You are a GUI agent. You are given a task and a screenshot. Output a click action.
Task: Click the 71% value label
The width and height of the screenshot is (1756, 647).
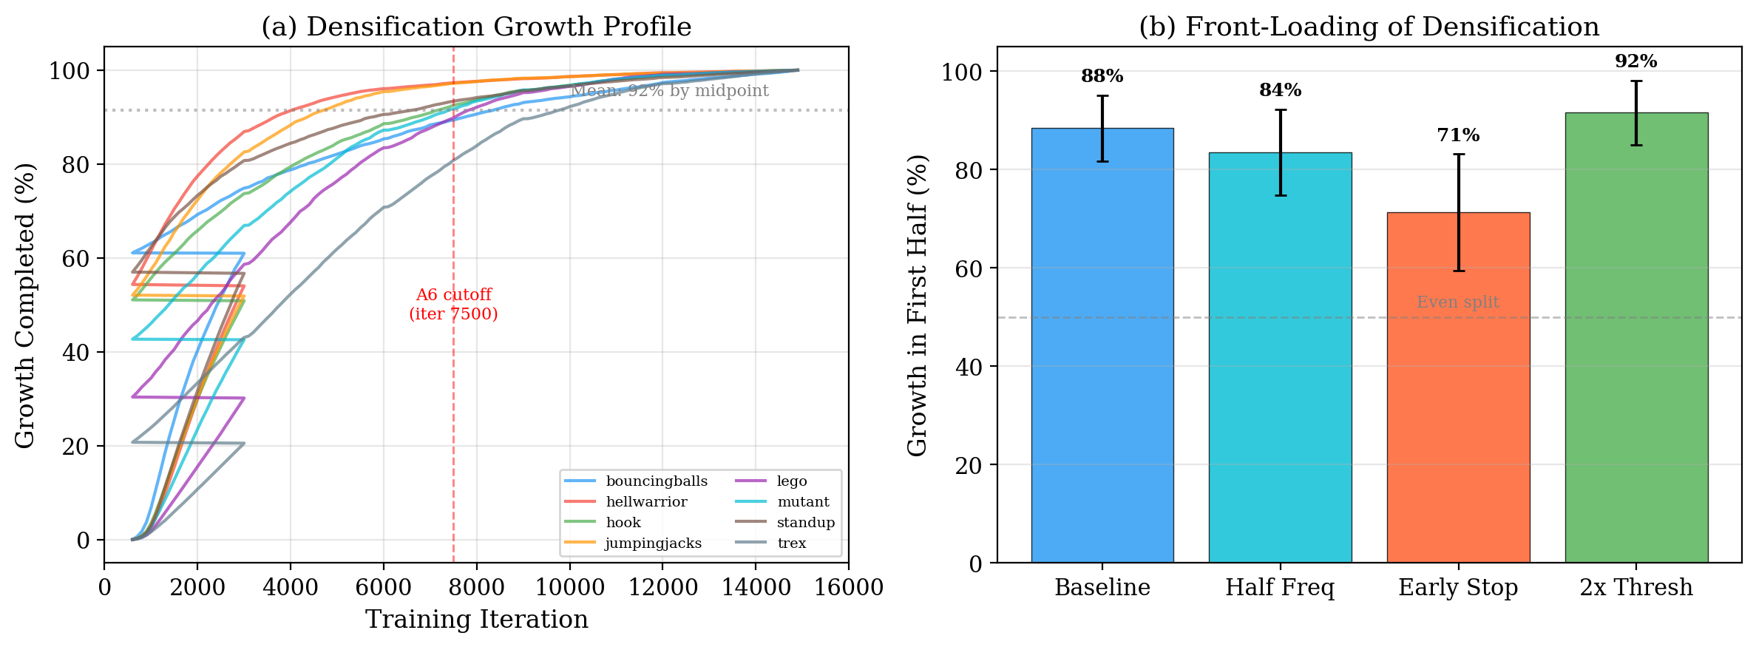pyautogui.click(x=1458, y=135)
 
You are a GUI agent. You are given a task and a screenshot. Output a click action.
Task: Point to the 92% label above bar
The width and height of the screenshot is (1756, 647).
pyautogui.click(x=1635, y=61)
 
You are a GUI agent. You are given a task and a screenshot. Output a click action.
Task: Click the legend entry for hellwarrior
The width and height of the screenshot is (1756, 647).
pyautogui.click(x=645, y=502)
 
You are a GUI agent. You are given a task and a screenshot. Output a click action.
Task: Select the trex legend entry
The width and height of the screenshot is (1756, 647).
pyautogui.click(x=790, y=543)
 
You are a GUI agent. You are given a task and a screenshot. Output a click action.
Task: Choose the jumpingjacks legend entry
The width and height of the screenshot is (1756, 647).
pyautogui.click(x=652, y=543)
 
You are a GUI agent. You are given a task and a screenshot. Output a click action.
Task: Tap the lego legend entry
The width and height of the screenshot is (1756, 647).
pyautogui.click(x=791, y=481)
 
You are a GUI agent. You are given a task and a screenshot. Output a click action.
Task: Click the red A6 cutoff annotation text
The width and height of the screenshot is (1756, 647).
pyautogui.click(x=453, y=304)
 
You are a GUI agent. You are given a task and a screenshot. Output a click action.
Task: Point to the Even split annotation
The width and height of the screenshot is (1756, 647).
pyautogui.click(x=1457, y=302)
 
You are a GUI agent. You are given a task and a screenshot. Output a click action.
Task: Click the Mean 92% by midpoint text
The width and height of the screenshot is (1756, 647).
pyautogui.click(x=670, y=91)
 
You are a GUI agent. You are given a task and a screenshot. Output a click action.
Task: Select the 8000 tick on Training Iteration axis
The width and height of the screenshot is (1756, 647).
pyautogui.click(x=476, y=589)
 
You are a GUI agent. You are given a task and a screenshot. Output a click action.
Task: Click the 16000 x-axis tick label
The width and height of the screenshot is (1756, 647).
pyautogui.click(x=847, y=589)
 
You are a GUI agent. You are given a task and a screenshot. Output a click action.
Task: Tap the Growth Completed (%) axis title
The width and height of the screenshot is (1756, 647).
pyautogui.click(x=25, y=305)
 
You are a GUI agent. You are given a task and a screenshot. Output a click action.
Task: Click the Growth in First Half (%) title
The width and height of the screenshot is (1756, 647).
pyautogui.click(x=918, y=305)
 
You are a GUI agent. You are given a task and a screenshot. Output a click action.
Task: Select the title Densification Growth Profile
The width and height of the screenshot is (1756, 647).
pyautogui.click(x=476, y=27)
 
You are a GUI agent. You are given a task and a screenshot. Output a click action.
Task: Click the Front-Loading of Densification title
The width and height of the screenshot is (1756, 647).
pyautogui.click(x=1369, y=27)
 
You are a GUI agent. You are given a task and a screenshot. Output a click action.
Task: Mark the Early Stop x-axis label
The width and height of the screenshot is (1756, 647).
pyautogui.click(x=1457, y=588)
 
